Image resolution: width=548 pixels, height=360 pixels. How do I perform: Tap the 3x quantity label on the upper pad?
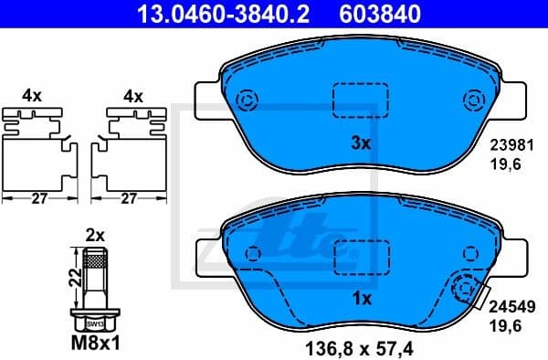pos(360,143)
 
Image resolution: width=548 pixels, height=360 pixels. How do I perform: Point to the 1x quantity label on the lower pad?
pos(360,298)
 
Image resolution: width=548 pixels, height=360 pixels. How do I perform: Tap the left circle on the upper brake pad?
pos(246,101)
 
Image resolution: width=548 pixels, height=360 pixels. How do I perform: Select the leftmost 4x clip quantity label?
pos(32,95)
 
